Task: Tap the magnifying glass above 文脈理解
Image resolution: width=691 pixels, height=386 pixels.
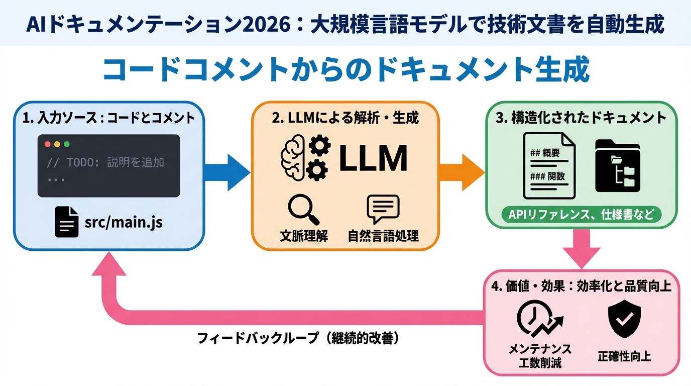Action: pyautogui.click(x=303, y=210)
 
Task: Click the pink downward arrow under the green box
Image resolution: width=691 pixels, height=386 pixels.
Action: pyautogui.click(x=581, y=249)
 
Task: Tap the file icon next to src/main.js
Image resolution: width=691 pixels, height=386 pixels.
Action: pyautogui.click(x=67, y=222)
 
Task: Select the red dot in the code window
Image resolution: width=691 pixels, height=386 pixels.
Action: pyautogui.click(x=48, y=144)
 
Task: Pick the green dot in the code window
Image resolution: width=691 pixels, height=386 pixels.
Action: pyautogui.click(x=67, y=144)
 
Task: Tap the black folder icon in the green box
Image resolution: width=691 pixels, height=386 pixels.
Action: pyautogui.click(x=617, y=166)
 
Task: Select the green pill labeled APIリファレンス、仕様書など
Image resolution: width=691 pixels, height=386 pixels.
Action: pyautogui.click(x=581, y=215)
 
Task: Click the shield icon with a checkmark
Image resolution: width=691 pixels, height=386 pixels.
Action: pyautogui.click(x=624, y=320)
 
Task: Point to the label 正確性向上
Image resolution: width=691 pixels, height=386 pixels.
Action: pyautogui.click(x=624, y=357)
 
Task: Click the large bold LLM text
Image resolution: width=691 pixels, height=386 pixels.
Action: pyautogui.click(x=373, y=159)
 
